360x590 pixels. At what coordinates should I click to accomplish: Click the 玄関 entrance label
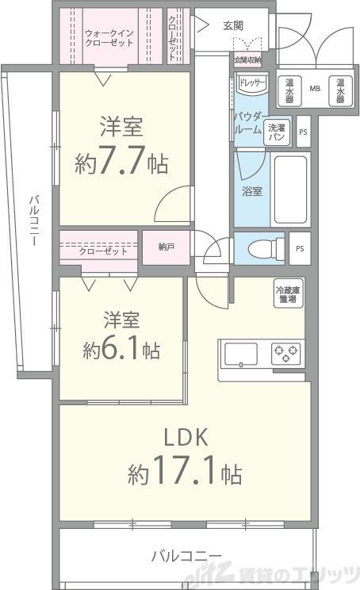tap(234, 25)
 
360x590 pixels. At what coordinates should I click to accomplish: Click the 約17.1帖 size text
tap(185, 474)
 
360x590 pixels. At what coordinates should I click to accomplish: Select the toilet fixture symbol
tap(261, 248)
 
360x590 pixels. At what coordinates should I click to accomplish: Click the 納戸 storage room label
tap(166, 247)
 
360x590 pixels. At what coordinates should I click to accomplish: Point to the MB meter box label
tap(315, 89)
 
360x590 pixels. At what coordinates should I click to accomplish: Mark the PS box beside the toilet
tap(299, 247)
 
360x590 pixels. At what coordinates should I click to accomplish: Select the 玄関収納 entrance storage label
tap(247, 59)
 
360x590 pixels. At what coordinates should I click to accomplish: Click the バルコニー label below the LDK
tap(186, 555)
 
